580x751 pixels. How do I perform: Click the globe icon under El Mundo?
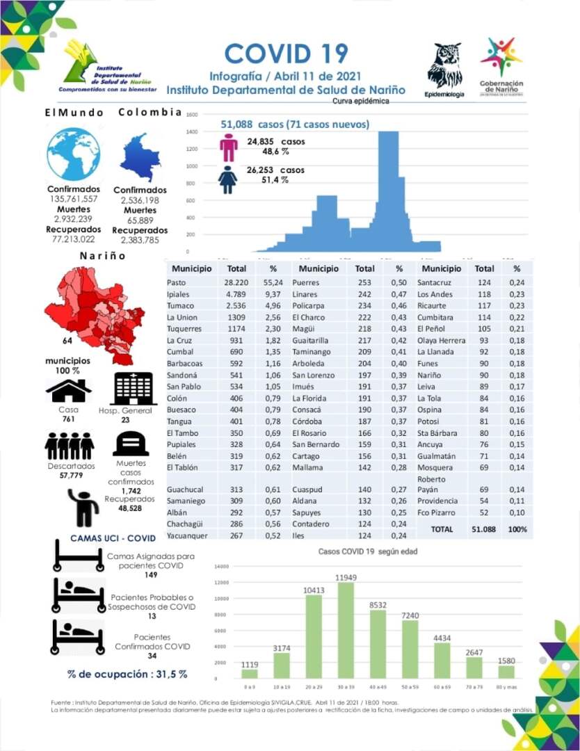tap(73, 154)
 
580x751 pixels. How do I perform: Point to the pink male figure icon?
tap(228, 147)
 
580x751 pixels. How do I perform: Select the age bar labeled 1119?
tap(250, 672)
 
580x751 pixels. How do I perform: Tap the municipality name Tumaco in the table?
tap(180, 305)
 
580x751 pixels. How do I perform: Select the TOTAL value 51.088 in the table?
tap(484, 529)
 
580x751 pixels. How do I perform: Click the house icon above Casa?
tap(68, 391)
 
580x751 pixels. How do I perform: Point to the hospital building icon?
tap(134, 389)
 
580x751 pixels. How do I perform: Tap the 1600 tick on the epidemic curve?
tap(193, 115)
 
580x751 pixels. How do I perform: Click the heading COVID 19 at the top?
tap(286, 54)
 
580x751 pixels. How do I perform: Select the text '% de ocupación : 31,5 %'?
tap(127, 674)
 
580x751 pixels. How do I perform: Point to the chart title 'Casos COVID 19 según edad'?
tap(368, 551)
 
